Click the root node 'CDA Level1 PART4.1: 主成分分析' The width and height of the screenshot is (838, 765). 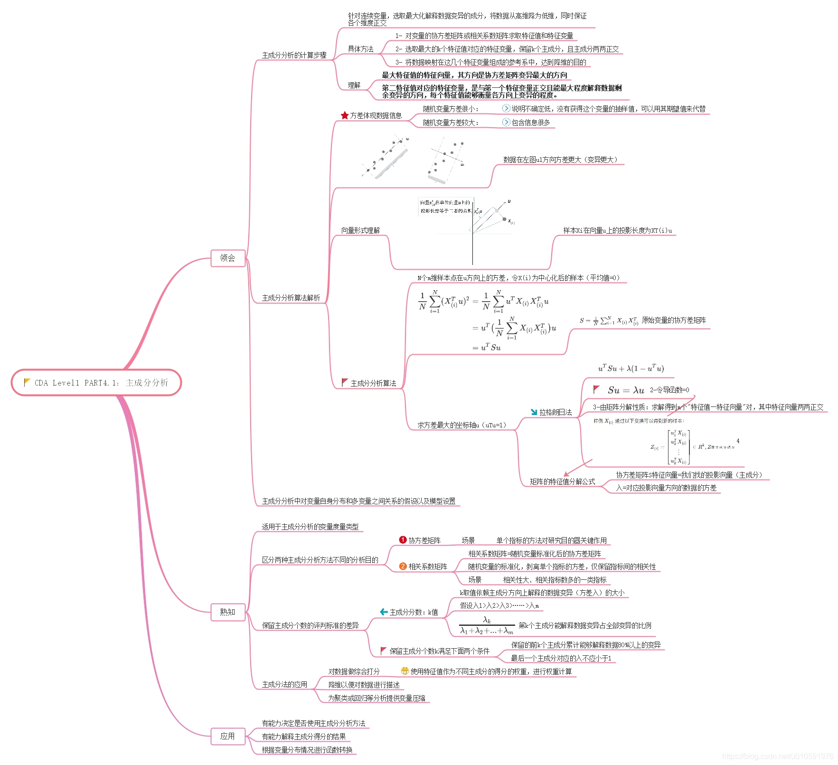click(96, 382)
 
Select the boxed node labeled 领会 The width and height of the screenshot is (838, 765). click(227, 258)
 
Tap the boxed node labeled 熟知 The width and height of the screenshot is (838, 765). click(227, 612)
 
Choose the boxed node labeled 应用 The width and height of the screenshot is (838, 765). click(227, 736)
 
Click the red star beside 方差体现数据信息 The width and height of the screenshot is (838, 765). click(345, 115)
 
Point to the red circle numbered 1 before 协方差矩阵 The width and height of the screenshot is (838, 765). click(403, 540)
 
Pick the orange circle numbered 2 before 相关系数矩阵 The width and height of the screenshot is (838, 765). click(403, 566)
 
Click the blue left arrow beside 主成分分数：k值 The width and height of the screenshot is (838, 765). click(384, 612)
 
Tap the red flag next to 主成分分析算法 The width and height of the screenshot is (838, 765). click(345, 382)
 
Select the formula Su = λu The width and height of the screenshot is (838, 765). click(626, 390)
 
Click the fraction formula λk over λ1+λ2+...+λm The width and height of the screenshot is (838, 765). click(487, 625)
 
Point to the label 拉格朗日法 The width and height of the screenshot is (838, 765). click(555, 412)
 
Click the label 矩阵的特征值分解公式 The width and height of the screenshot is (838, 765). click(562, 482)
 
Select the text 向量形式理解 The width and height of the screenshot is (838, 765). click(360, 230)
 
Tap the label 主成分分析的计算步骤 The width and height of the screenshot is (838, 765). click(294, 55)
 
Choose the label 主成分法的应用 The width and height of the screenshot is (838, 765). click(284, 684)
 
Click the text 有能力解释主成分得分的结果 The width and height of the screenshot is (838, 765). click(304, 737)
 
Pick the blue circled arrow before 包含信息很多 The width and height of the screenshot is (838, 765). click(506, 123)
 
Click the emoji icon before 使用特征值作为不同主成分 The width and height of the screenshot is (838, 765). click(405, 671)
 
